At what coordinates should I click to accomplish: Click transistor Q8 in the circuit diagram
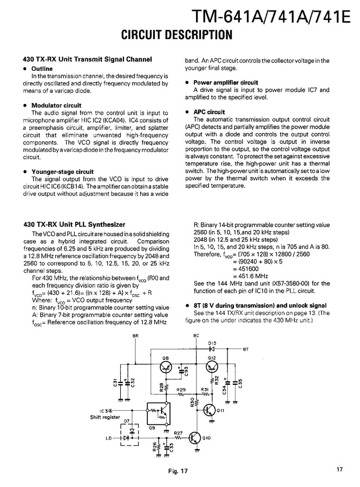point(166,368)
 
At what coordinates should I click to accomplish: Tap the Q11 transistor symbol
point(211,410)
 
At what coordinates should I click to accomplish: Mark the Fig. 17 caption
point(178,471)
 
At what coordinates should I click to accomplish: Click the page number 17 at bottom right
point(339,469)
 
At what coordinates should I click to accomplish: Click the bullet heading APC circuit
point(209,112)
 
